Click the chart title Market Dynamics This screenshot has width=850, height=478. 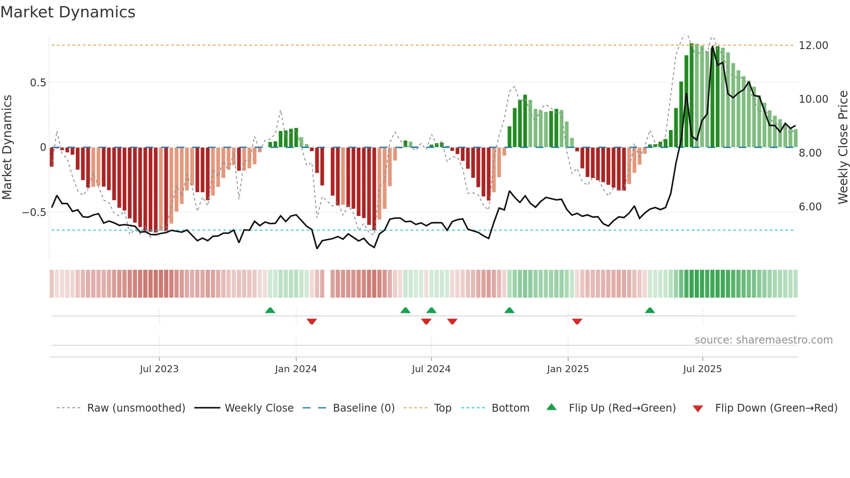pos(68,12)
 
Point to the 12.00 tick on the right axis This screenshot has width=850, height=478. pos(813,46)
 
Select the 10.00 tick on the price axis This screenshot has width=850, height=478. pos(813,99)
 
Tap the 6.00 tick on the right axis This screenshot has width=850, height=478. pos(810,207)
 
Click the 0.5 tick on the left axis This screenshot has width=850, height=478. pos(38,83)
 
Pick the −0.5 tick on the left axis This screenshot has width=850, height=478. pos(34,213)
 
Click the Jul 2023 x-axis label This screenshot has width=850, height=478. pos(159,369)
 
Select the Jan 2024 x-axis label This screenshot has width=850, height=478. pos(296,369)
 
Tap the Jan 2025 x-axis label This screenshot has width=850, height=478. pos(568,369)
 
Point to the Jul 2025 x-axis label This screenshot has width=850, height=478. pos(702,369)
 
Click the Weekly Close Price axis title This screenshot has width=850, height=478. pos(843,147)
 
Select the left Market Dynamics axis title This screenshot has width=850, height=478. pos(7,147)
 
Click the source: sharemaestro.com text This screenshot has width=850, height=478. pos(763,340)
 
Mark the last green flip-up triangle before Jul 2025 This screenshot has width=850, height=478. pos(650,311)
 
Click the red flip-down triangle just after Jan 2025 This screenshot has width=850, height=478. pos(577,321)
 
